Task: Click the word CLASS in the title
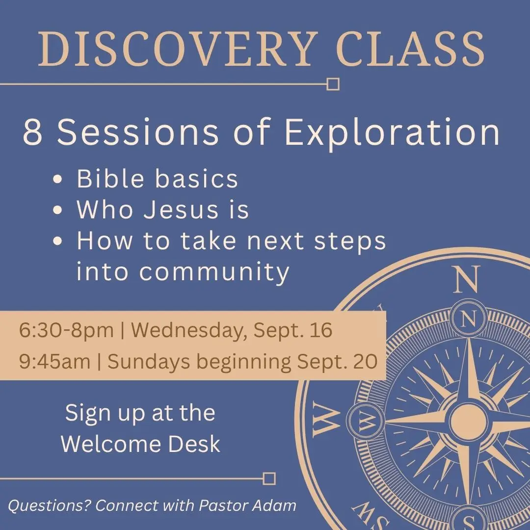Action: point(410,49)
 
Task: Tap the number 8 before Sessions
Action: point(32,132)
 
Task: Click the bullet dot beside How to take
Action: point(58,241)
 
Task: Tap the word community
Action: point(214,272)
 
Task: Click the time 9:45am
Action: point(55,361)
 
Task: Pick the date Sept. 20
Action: point(337,361)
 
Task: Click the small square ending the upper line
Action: point(333,84)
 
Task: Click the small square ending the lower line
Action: point(269,478)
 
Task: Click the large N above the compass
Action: point(467,279)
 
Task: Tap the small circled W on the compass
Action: point(365,422)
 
